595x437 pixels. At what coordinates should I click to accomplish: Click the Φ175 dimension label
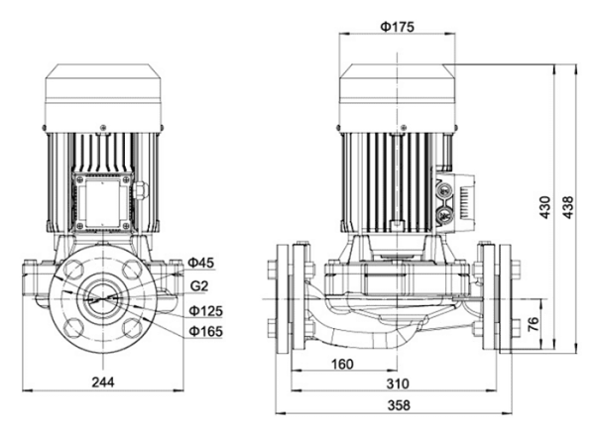click(x=397, y=27)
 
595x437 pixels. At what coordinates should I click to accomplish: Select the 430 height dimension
click(x=544, y=207)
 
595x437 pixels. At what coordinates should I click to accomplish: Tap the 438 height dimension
click(x=567, y=207)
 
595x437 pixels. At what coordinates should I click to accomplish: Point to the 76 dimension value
click(x=534, y=324)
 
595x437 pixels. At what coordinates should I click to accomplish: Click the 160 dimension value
click(x=342, y=365)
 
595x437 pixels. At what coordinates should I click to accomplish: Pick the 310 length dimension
click(x=398, y=383)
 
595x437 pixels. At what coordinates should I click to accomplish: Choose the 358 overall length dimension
click(x=399, y=405)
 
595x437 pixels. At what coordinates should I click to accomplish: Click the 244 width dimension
click(x=103, y=382)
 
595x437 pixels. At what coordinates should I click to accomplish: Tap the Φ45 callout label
click(x=201, y=263)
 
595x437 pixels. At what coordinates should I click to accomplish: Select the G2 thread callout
click(x=199, y=286)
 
